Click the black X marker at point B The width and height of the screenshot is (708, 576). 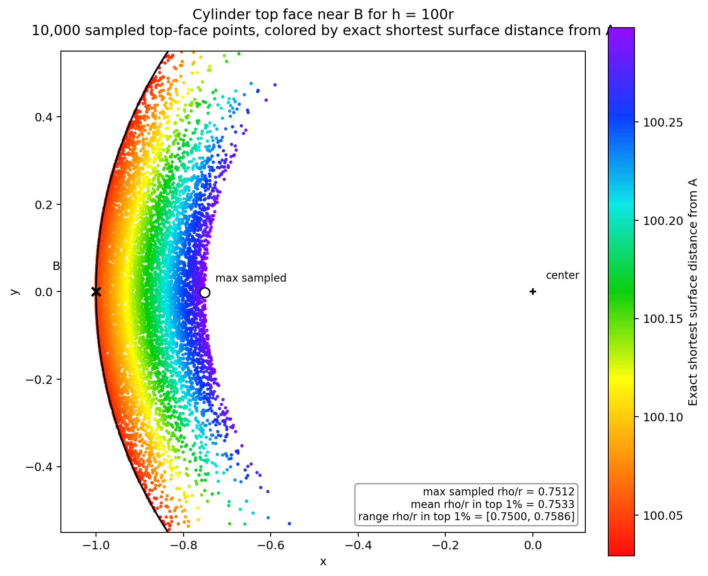pyautogui.click(x=96, y=292)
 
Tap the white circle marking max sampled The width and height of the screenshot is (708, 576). pyautogui.click(x=205, y=292)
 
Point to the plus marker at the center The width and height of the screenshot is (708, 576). pyautogui.click(x=532, y=292)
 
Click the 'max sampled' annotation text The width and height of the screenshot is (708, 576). pyautogui.click(x=251, y=278)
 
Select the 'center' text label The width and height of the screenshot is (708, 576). pyautogui.click(x=562, y=276)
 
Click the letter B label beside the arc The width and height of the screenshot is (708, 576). pyautogui.click(x=56, y=266)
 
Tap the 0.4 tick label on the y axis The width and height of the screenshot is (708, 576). pyautogui.click(x=44, y=117)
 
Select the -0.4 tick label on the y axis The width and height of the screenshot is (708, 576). pyautogui.click(x=40, y=467)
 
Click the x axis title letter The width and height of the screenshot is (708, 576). pyautogui.click(x=323, y=561)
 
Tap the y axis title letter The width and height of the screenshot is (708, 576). pyautogui.click(x=15, y=292)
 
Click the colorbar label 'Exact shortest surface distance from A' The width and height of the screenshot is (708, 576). pyautogui.click(x=693, y=292)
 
